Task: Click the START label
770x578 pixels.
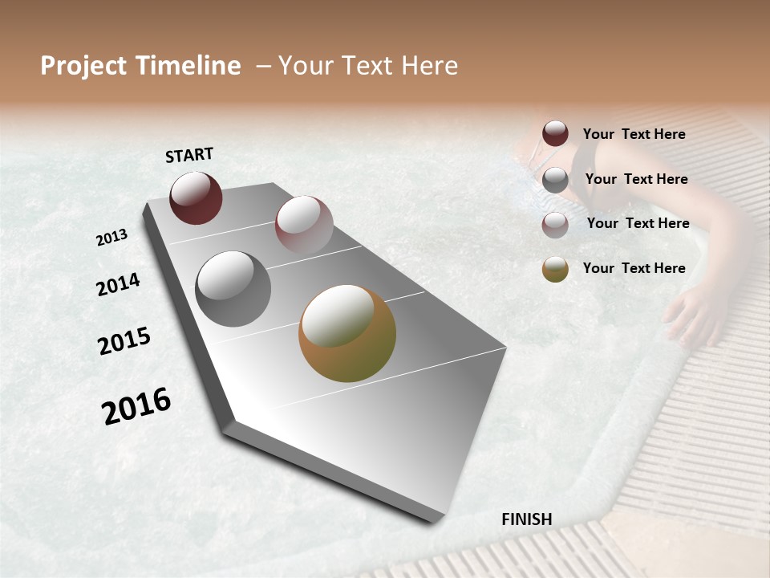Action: click(x=189, y=155)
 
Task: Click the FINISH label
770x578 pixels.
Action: click(x=526, y=519)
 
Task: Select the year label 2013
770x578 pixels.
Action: click(x=112, y=238)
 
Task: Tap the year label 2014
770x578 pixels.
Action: click(x=119, y=284)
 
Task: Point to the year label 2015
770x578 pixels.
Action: click(x=124, y=341)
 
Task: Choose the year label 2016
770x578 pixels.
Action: click(x=136, y=406)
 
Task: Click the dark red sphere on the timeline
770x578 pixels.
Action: click(x=196, y=197)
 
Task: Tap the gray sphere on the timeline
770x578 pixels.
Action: click(x=233, y=289)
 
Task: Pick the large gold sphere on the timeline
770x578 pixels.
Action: click(x=347, y=333)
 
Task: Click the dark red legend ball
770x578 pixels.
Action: click(x=555, y=134)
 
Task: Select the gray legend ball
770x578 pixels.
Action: click(x=555, y=180)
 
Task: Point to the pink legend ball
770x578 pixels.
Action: click(x=555, y=225)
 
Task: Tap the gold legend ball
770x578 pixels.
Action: click(x=555, y=269)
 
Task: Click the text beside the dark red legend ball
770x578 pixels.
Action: click(x=634, y=134)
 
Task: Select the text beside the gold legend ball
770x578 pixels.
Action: click(x=634, y=268)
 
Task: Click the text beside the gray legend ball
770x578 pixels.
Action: click(x=636, y=179)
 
